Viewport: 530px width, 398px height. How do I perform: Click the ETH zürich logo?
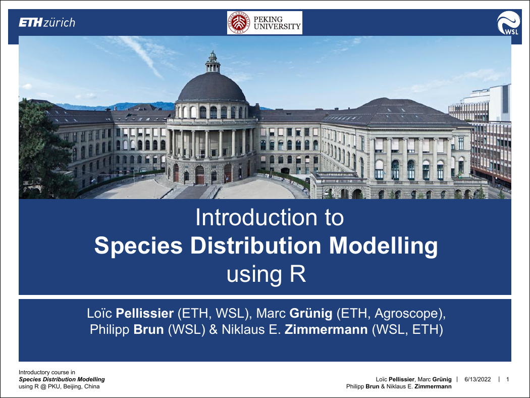coord(46,23)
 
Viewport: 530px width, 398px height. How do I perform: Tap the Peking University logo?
coord(264,23)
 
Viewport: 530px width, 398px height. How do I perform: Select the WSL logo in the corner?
coord(508,23)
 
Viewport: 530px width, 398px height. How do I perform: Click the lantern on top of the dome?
coord(213,62)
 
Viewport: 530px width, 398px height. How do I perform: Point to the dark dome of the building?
coord(213,87)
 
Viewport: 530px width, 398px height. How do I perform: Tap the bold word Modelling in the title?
coord(383,246)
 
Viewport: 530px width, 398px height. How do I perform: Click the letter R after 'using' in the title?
coord(298,274)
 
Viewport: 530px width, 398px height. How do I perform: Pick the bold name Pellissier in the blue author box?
coord(145,313)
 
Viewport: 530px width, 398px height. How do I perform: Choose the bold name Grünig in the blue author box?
coord(311,314)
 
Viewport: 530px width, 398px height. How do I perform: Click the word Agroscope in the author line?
coord(406,314)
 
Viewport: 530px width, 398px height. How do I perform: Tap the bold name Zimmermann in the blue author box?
coord(326,329)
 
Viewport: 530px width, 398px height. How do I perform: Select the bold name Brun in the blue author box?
coord(149,329)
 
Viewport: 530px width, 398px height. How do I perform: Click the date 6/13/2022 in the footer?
coord(478,379)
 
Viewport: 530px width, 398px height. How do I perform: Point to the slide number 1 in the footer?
coord(507,379)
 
